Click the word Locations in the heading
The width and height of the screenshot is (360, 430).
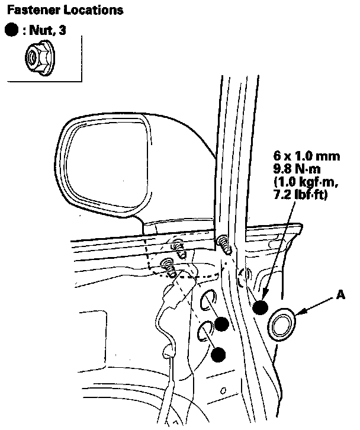[x=84, y=10]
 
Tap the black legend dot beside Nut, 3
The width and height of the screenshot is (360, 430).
[x=11, y=30]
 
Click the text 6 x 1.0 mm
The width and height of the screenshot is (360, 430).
[x=307, y=156]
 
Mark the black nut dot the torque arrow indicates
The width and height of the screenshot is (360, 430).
[x=259, y=307]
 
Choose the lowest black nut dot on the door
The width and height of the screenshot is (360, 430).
[x=218, y=354]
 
